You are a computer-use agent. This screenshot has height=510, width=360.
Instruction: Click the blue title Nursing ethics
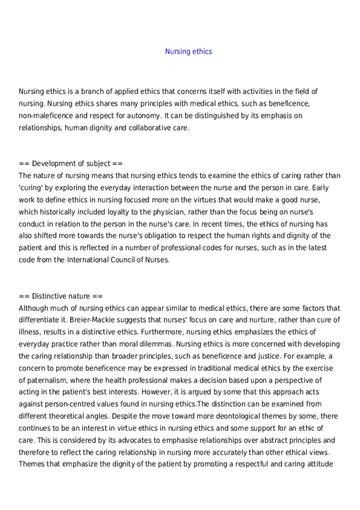pyautogui.click(x=188, y=52)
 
